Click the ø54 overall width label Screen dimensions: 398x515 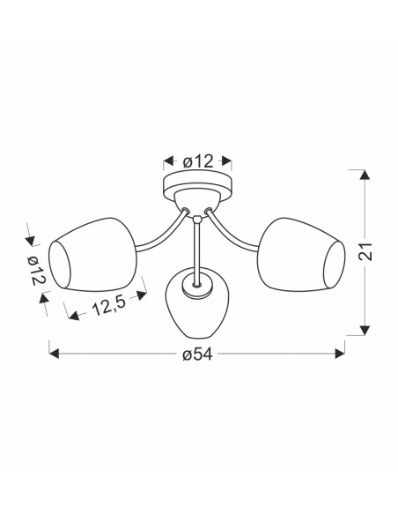198,355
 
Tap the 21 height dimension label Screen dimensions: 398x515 365,252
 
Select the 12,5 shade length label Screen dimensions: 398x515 109,306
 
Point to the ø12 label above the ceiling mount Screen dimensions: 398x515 198,161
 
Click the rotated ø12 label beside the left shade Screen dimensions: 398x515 36,271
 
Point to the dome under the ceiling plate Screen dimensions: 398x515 197,201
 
